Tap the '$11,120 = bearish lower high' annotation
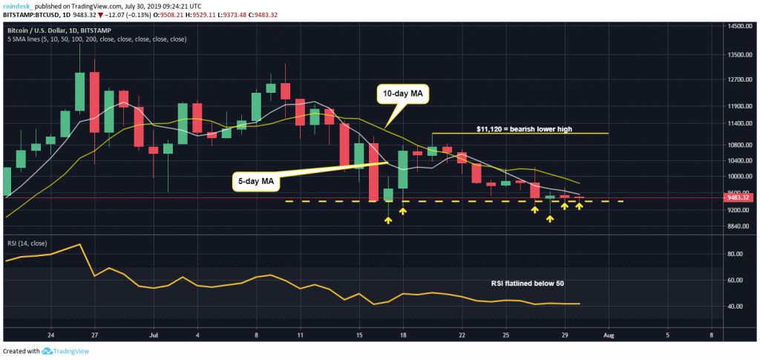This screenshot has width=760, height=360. pos(524,128)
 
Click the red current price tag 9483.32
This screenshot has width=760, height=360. pos(740,197)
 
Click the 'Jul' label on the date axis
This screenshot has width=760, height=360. pos(154,335)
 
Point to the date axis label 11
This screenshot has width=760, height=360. pos(300,335)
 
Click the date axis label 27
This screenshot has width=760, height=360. pos(95,335)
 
